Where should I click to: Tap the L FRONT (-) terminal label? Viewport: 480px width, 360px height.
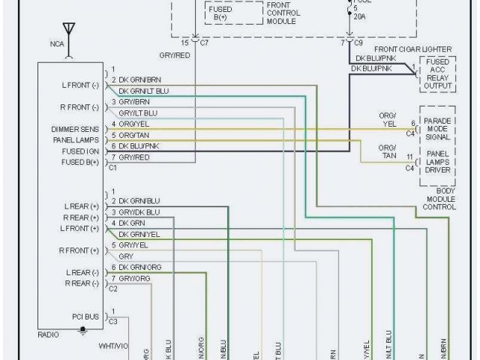(x=80, y=85)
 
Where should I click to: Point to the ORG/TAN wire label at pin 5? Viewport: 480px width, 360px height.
(x=136, y=135)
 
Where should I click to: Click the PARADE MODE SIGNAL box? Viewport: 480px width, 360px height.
(x=438, y=129)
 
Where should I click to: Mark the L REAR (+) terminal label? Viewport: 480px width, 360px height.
(x=82, y=205)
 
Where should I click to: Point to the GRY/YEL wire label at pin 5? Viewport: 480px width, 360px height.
(x=134, y=245)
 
